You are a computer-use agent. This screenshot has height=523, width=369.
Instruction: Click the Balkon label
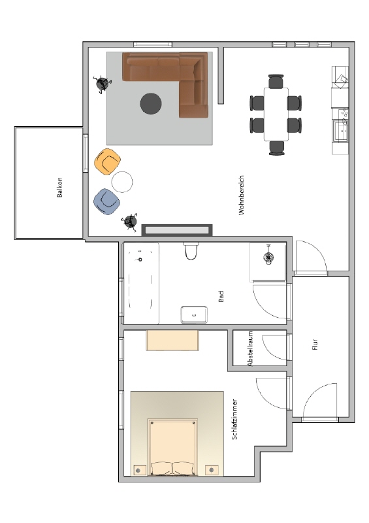(x=59, y=187)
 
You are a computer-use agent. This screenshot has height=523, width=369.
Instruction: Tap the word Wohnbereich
(x=242, y=195)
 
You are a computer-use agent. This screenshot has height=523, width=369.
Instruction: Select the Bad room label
(x=221, y=296)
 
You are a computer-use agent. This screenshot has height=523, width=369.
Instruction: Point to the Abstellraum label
(x=250, y=348)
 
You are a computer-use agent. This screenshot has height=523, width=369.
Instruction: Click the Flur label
(x=315, y=345)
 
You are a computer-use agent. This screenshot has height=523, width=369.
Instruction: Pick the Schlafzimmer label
(x=234, y=419)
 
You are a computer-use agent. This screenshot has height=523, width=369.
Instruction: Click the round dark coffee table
(x=151, y=103)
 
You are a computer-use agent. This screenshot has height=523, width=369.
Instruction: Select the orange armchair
(x=107, y=161)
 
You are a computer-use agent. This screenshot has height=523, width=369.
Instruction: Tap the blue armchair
(x=106, y=202)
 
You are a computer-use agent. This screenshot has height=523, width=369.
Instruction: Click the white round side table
(x=122, y=182)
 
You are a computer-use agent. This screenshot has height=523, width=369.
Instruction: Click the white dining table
(x=276, y=114)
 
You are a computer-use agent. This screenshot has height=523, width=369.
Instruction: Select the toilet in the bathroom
(x=191, y=251)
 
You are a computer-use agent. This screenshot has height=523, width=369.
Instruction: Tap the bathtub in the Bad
(x=141, y=283)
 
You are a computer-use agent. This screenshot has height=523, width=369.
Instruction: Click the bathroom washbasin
(x=194, y=314)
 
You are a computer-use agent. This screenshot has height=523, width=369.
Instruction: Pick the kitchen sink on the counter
(x=341, y=131)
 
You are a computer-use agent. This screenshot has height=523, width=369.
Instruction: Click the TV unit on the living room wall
(x=177, y=230)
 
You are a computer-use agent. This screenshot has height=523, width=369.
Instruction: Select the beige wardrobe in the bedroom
(x=172, y=340)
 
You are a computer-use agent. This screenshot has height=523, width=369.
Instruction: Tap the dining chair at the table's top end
(x=276, y=81)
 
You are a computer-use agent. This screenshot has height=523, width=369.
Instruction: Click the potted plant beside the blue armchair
(x=130, y=222)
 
